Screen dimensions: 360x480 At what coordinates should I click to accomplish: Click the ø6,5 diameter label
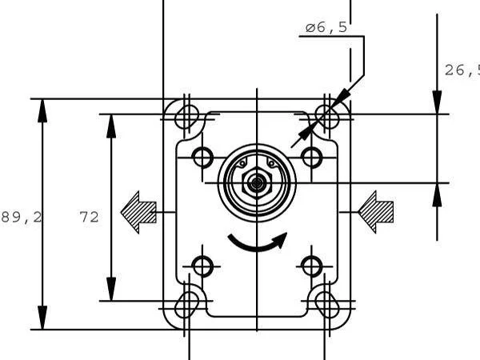(x=326, y=28)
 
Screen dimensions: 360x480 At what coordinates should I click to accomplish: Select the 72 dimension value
(x=89, y=217)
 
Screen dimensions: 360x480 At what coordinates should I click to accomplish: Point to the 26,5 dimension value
(x=462, y=70)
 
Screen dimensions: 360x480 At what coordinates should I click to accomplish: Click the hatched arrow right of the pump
(x=376, y=211)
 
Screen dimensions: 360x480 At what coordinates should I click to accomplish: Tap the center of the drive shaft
(x=256, y=183)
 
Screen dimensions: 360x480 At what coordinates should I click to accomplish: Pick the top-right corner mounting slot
(x=328, y=114)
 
